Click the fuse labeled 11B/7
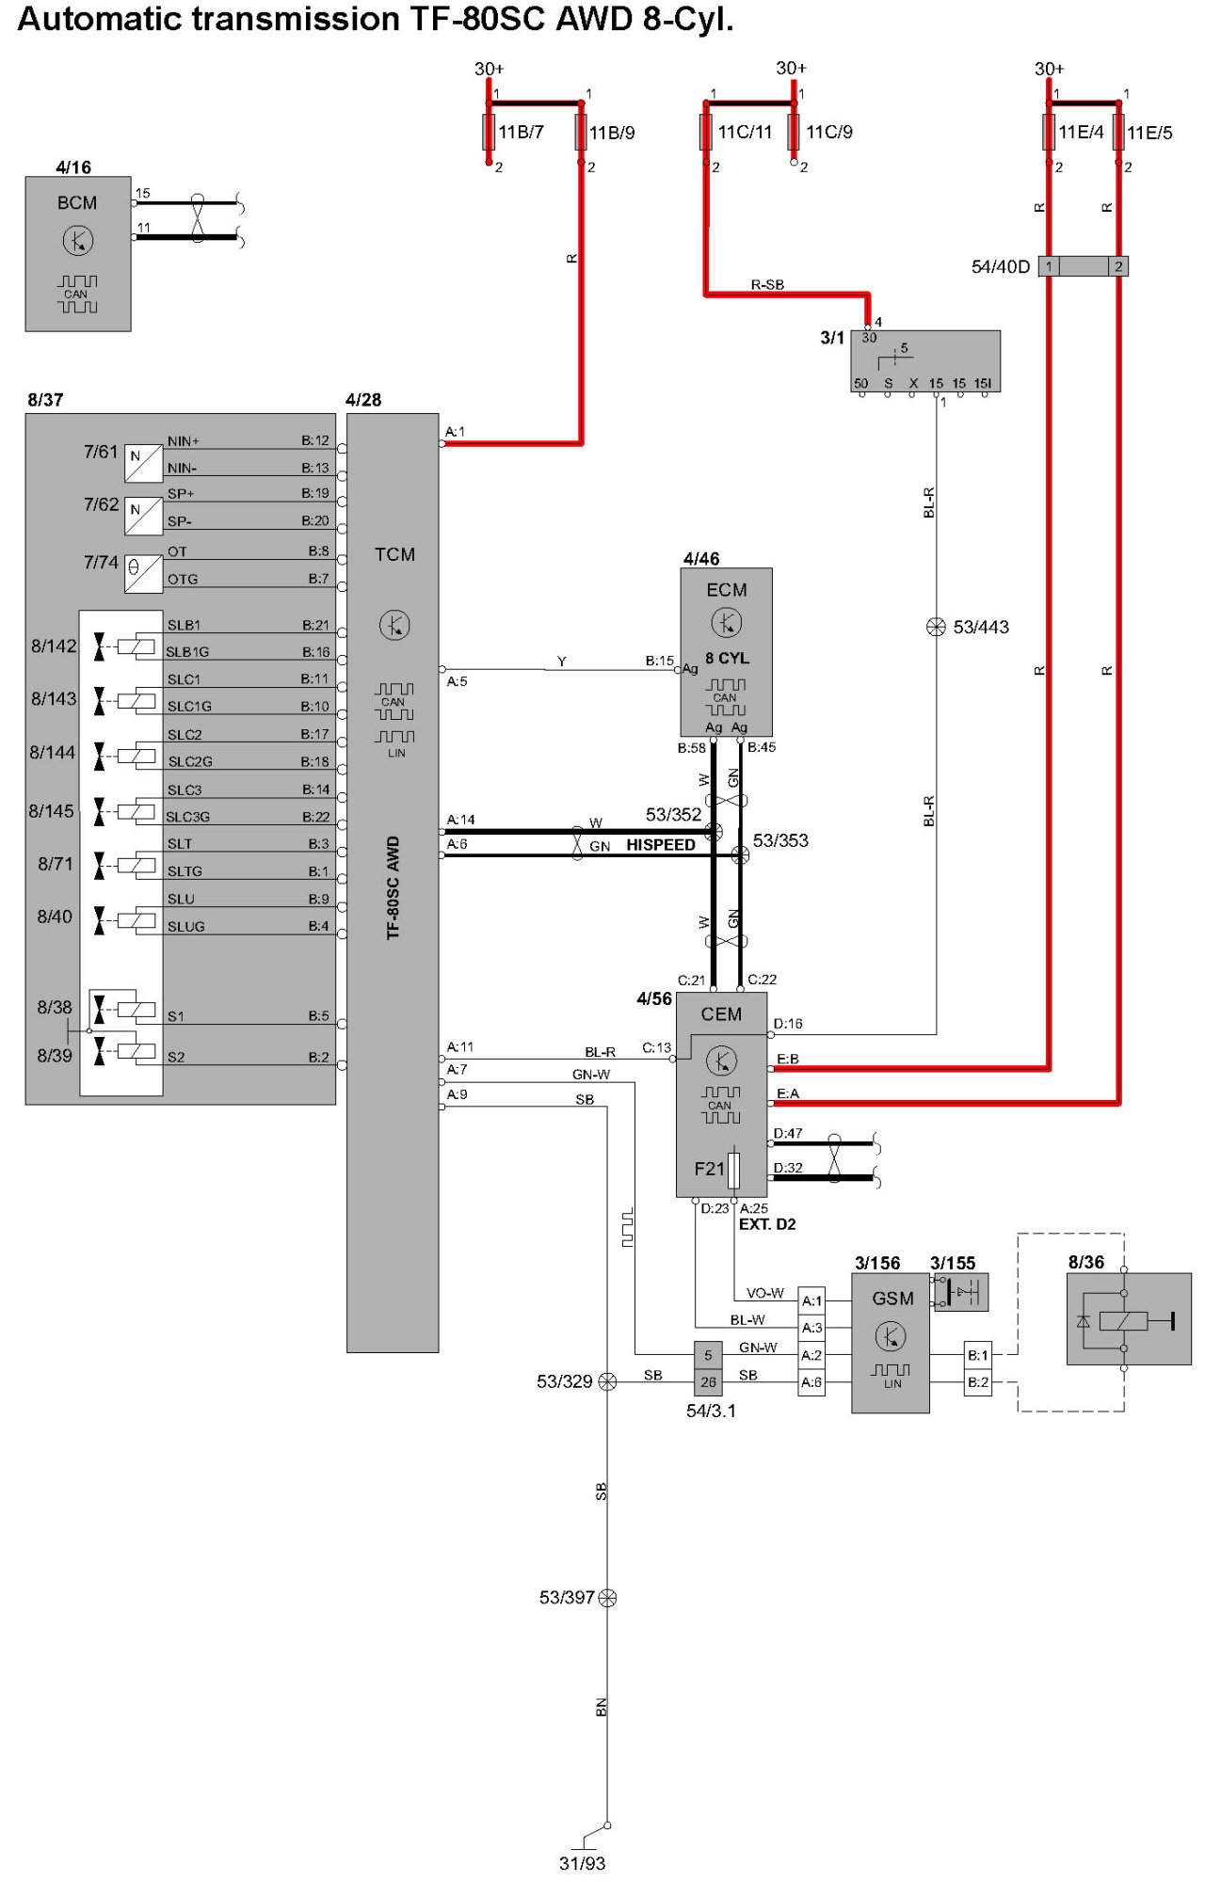click(489, 132)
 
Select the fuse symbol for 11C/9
click(794, 132)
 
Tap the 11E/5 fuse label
click(1149, 133)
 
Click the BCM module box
click(78, 254)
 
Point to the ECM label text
click(727, 590)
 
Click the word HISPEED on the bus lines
click(661, 845)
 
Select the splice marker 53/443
click(936, 627)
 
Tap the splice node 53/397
click(608, 1597)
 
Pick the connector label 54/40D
click(1001, 267)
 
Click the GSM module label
click(892, 1299)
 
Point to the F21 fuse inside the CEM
click(734, 1170)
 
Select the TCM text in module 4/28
click(394, 554)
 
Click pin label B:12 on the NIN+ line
click(315, 440)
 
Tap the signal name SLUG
click(186, 927)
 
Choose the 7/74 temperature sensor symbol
click(143, 573)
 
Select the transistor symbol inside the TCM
click(394, 625)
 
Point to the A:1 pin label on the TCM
click(456, 432)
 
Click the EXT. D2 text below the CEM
click(767, 1224)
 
